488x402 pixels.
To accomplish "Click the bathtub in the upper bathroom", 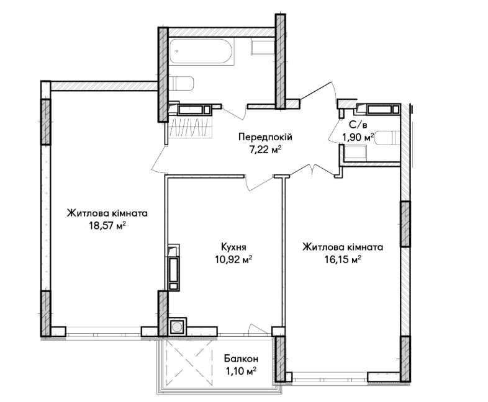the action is (201, 51).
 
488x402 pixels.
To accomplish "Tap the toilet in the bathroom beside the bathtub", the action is (181, 83).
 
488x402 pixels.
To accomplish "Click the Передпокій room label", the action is (265, 137).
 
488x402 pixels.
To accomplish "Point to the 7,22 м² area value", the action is (265, 150).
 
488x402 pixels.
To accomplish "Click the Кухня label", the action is (233, 247).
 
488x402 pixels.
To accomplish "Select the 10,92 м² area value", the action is (233, 259).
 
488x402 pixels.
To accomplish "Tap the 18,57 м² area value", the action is (107, 225).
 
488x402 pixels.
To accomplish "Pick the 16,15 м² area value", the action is (343, 259).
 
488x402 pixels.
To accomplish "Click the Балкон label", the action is (241, 359).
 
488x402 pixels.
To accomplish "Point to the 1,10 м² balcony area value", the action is (241, 371).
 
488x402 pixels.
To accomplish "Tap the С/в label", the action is (358, 125).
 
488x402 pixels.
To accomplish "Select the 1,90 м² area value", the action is (358, 137).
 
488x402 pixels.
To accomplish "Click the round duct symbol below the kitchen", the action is (178, 327).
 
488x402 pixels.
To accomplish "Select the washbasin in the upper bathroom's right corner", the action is (263, 48).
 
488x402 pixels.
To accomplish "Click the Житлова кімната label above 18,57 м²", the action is (107, 213).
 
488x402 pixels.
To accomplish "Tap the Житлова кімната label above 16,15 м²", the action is (343, 247).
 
